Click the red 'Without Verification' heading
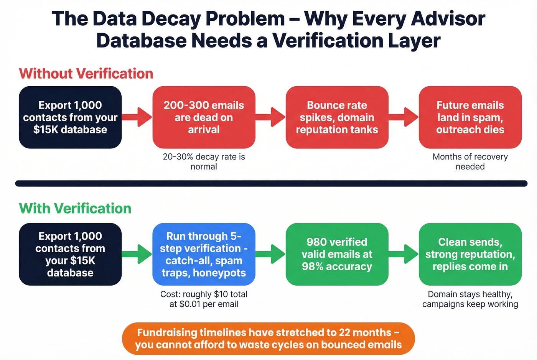point(86,74)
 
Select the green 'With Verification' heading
point(75,209)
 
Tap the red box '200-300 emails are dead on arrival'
point(204,117)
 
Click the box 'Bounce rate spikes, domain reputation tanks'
point(337,117)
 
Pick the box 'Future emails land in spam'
point(470,117)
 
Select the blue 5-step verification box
point(204,254)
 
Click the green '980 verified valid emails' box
point(337,254)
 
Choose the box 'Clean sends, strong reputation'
point(470,254)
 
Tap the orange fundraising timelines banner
point(268,339)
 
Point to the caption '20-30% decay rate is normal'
point(204,161)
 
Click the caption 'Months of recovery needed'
point(470,161)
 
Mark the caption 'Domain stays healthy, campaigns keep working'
point(470,299)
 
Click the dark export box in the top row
point(70,117)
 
